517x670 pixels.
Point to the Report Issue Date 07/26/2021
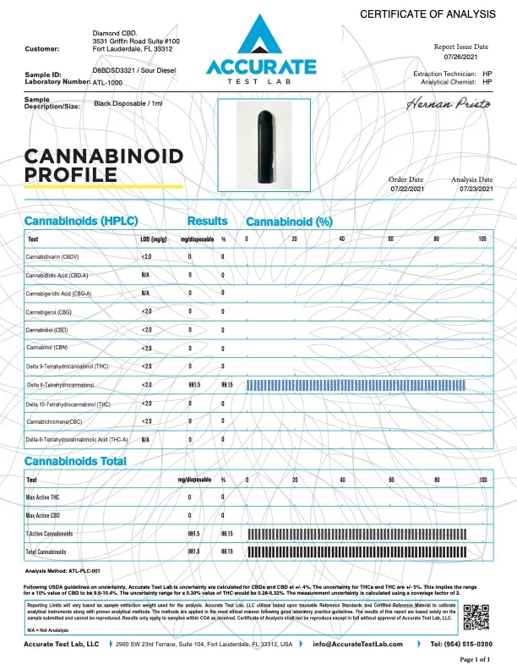click(461, 57)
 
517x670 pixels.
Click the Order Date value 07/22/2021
click(406, 189)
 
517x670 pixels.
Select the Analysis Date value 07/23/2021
click(471, 189)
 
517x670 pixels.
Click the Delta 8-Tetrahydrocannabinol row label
click(60, 385)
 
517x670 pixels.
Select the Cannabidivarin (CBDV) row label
click(53, 255)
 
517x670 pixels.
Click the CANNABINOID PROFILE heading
click(92, 166)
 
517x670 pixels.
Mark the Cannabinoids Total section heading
click(75, 461)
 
